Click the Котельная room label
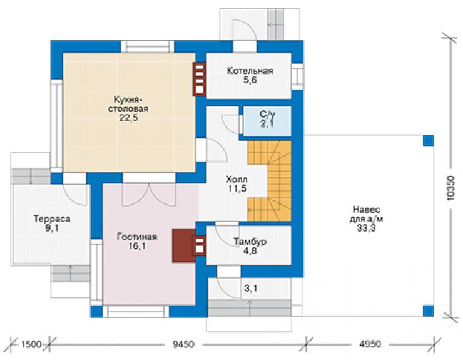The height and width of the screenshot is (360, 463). pyautogui.click(x=250, y=71)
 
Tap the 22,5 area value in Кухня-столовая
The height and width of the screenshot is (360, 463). pyautogui.click(x=128, y=118)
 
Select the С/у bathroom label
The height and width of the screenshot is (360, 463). pyautogui.click(x=267, y=114)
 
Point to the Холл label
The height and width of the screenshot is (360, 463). pyautogui.click(x=237, y=180)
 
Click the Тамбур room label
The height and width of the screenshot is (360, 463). pyautogui.click(x=250, y=242)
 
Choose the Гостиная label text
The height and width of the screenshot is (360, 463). pyautogui.click(x=137, y=237)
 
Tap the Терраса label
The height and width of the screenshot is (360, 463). pyautogui.click(x=52, y=219)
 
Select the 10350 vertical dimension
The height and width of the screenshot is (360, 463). pyautogui.click(x=451, y=188)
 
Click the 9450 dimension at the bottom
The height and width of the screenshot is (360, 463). pyautogui.click(x=183, y=344)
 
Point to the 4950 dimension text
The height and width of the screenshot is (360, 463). pyautogui.click(x=370, y=344)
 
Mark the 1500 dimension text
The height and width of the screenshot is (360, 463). pyautogui.click(x=31, y=344)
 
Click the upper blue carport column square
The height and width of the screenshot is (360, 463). pyautogui.click(x=429, y=140)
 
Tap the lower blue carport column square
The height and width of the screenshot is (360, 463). pyautogui.click(x=429, y=311)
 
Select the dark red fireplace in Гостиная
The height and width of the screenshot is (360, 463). pyautogui.click(x=184, y=245)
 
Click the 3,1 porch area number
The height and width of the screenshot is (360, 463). pyautogui.click(x=251, y=288)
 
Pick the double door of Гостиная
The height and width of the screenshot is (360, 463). pyautogui.click(x=149, y=195)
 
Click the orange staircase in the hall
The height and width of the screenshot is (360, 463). pyautogui.click(x=269, y=181)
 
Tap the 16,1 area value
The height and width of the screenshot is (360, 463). pyautogui.click(x=137, y=246)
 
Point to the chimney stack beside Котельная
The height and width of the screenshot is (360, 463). pyautogui.click(x=200, y=80)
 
